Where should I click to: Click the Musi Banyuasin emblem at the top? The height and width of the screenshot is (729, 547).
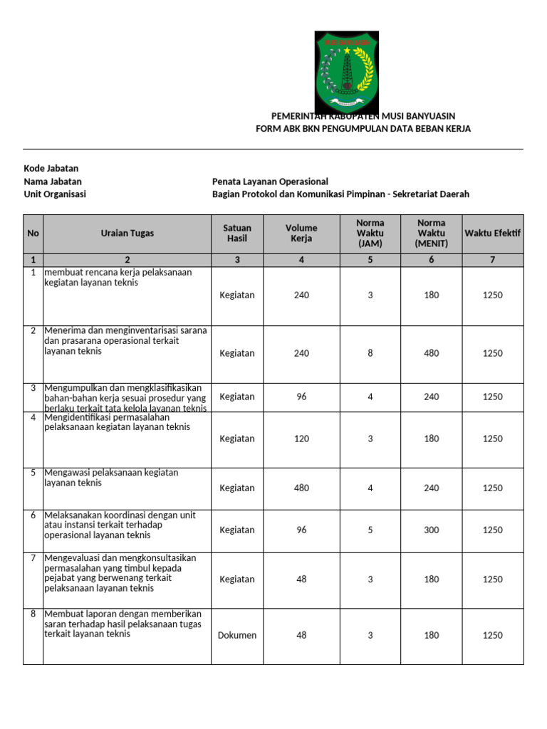(x=348, y=73)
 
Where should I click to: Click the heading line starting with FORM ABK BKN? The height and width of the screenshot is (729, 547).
(x=363, y=128)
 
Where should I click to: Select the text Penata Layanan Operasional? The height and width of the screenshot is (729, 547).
(x=270, y=182)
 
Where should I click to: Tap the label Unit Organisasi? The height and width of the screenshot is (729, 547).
(x=55, y=194)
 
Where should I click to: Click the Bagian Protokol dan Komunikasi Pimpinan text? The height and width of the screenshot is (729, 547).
(x=340, y=194)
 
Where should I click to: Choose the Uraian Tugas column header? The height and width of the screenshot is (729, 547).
(x=127, y=233)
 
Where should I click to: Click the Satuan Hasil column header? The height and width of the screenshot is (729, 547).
(x=237, y=233)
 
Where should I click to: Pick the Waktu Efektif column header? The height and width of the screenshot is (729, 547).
(x=492, y=233)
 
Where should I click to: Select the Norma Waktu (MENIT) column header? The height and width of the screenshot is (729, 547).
(x=431, y=233)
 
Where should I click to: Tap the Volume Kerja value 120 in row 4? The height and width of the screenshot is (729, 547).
(x=301, y=439)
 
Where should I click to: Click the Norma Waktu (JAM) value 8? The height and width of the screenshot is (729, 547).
(x=370, y=353)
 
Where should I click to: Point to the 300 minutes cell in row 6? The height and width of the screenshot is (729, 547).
(x=431, y=530)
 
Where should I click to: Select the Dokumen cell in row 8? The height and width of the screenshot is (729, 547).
(x=237, y=635)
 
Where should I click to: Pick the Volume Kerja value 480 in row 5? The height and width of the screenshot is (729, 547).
(x=301, y=488)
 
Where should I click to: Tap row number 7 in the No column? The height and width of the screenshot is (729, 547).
(x=33, y=557)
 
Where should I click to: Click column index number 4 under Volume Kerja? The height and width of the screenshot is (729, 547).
(x=301, y=260)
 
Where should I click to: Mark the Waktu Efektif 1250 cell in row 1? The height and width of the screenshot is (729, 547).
(x=492, y=295)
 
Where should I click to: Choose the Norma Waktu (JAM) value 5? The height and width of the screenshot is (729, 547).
(x=370, y=530)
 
